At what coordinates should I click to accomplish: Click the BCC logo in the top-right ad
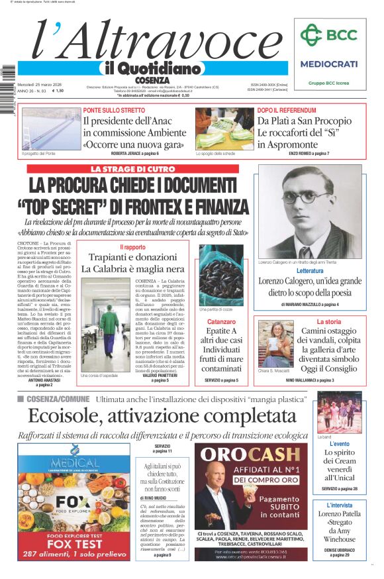328,35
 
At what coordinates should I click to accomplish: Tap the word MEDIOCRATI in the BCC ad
329,64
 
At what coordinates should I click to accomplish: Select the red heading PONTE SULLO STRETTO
114,110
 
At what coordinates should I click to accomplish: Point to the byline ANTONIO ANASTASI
45,380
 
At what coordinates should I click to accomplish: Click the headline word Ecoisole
64,416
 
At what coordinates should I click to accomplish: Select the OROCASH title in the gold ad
251,454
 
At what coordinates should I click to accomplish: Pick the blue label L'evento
339,444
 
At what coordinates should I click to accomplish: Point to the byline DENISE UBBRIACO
339,550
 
